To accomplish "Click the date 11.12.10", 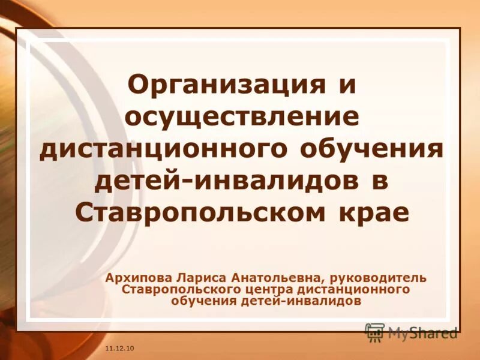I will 119,349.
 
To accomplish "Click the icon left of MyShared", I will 375,332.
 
